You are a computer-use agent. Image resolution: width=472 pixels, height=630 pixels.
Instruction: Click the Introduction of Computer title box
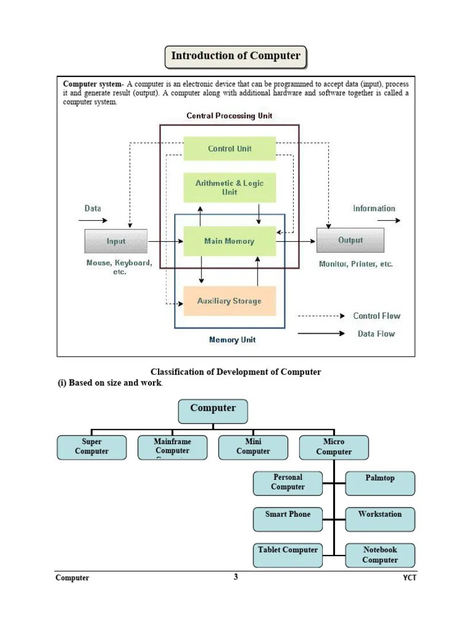point(235,57)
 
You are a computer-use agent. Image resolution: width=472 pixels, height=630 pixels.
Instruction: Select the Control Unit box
point(230,149)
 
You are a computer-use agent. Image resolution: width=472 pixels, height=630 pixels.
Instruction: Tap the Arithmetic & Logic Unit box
point(230,188)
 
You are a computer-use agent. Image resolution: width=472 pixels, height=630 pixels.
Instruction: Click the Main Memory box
point(230,241)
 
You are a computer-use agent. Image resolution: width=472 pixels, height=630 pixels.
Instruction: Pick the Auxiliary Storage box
point(230,301)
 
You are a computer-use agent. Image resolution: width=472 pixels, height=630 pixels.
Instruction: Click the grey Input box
point(116,241)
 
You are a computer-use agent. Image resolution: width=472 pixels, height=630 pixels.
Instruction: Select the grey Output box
point(350,241)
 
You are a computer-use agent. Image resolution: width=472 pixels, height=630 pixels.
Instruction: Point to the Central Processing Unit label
point(229,116)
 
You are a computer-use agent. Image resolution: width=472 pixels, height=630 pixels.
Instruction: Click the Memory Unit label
point(232,340)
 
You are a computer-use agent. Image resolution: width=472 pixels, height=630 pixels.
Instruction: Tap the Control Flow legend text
point(376,316)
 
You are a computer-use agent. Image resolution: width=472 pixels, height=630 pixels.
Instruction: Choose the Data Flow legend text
point(376,334)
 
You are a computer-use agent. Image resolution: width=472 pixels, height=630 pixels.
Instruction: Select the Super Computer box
point(92,447)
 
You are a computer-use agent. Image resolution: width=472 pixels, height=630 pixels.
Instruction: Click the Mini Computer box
point(253,447)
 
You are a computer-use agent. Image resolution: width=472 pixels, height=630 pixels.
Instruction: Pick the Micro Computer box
point(334,447)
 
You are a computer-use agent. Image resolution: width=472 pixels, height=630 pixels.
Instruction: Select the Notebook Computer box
point(380,555)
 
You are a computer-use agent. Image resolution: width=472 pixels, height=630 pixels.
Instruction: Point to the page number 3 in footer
point(235,577)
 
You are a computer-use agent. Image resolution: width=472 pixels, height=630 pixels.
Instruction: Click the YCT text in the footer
point(409,578)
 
